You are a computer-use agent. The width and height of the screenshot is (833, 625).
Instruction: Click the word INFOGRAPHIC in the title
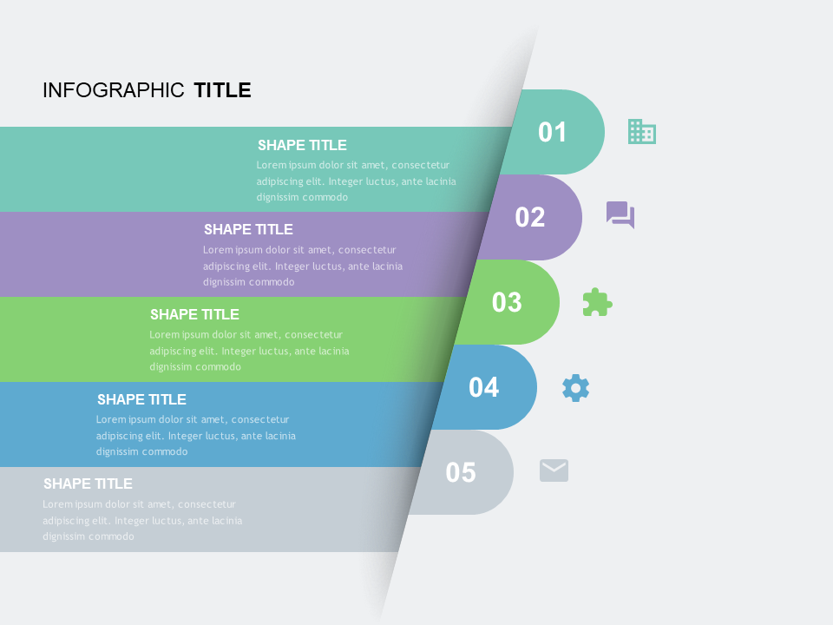point(114,90)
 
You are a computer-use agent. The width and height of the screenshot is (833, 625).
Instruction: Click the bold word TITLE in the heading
point(222,90)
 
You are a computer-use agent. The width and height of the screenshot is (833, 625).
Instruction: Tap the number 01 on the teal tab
point(553,132)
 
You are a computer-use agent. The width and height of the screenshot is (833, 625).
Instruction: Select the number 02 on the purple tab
point(530,217)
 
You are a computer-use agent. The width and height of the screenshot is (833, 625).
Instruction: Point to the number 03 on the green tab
point(507,302)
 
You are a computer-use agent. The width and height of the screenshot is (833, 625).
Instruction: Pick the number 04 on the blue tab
point(484,387)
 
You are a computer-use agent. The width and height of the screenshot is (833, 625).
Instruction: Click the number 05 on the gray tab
point(461,472)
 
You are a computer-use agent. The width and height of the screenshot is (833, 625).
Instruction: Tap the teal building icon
point(642,131)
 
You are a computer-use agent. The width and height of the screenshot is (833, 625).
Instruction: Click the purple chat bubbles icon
point(620,214)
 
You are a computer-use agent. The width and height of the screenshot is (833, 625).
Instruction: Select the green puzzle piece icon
point(597,302)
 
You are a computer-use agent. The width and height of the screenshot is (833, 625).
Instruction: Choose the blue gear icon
point(575,387)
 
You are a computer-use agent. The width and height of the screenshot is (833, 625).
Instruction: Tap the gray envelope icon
point(554,470)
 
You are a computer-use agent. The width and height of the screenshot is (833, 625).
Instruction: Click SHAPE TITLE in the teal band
point(302,145)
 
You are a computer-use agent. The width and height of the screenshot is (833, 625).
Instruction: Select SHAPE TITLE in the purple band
point(248,229)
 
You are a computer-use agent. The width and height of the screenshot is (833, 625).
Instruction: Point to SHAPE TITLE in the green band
point(194,314)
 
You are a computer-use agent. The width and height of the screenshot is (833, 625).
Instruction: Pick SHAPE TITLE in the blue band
point(141,399)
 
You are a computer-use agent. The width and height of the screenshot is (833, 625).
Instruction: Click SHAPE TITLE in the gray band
point(88,484)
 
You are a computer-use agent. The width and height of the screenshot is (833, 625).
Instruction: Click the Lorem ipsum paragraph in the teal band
point(356,181)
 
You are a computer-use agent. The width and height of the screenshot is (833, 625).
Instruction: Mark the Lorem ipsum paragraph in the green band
point(249,351)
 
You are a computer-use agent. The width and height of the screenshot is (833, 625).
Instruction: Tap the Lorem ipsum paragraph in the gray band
point(142,520)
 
